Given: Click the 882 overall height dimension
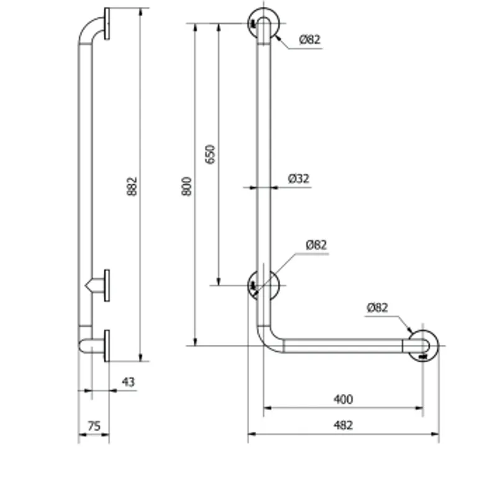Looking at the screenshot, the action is [x=132, y=186].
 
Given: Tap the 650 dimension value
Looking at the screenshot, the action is [x=210, y=154].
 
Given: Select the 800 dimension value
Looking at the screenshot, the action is [x=187, y=186].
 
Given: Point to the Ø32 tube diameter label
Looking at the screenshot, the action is [x=299, y=179].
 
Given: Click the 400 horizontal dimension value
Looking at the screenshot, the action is [x=344, y=399].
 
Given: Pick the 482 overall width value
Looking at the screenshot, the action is [x=344, y=425].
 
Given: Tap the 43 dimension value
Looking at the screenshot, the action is [x=129, y=382].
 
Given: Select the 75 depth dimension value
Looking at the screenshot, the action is [x=94, y=426].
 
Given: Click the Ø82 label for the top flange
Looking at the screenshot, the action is [x=309, y=39].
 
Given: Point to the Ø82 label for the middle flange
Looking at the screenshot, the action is [x=316, y=244].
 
